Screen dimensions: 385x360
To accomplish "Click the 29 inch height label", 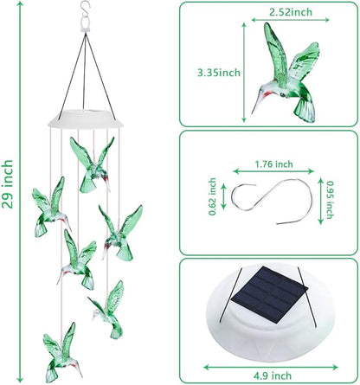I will click(x=10, y=189).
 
